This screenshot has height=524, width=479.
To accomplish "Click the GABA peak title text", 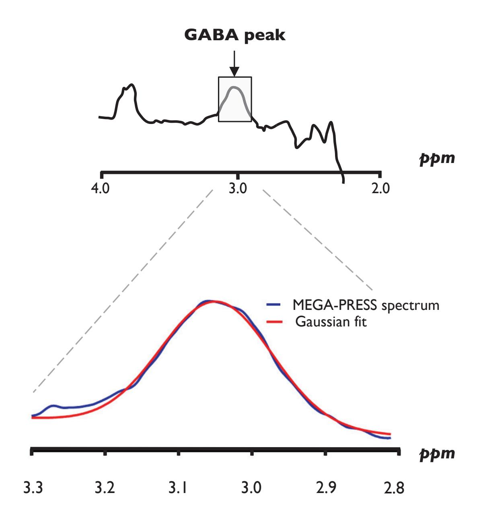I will pos(234,35).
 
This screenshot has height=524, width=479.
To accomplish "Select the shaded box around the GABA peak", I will pos(235,99).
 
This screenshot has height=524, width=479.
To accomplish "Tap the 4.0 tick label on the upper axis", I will pos(101,188).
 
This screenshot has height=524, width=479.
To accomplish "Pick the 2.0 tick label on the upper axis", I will pos(380,188).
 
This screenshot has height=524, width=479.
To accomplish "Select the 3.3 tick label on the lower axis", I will pos(31,488).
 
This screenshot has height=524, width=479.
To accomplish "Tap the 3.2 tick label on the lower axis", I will pos(105,488).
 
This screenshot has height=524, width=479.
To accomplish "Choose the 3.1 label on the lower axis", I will pos(178,488).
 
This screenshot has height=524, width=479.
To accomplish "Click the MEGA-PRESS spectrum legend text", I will pos(365,305).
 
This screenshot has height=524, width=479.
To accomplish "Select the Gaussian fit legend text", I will pos(331,322).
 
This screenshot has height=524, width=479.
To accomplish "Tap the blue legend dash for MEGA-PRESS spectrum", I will pos(272,305).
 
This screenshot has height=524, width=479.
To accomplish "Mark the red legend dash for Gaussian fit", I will pos(272,322).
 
